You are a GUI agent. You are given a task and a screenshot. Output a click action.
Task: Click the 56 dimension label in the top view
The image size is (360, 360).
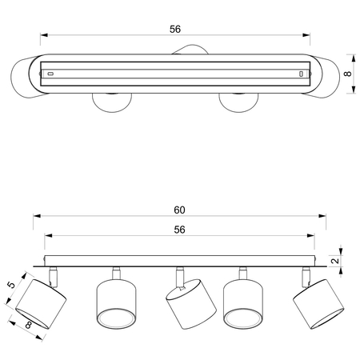click(175, 29)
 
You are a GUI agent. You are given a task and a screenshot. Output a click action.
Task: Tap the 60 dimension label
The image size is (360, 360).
click(179, 210)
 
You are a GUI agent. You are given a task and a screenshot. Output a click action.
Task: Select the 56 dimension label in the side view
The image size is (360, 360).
click(179, 230)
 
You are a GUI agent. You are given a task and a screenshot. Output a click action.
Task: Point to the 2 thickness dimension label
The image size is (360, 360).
click(335, 261)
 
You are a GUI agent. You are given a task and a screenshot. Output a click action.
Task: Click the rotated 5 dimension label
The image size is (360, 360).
click(12, 285)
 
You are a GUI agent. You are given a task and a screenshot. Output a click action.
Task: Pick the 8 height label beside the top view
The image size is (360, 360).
click(348, 74)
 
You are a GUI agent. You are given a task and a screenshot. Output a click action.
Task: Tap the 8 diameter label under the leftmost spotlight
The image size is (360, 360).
click(28, 325)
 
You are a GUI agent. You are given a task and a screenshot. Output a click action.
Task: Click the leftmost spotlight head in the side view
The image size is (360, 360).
click(41, 304)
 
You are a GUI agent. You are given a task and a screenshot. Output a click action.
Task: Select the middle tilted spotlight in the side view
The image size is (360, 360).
click(190, 304)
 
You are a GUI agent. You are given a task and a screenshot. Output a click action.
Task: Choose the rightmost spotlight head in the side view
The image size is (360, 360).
click(318, 304)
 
